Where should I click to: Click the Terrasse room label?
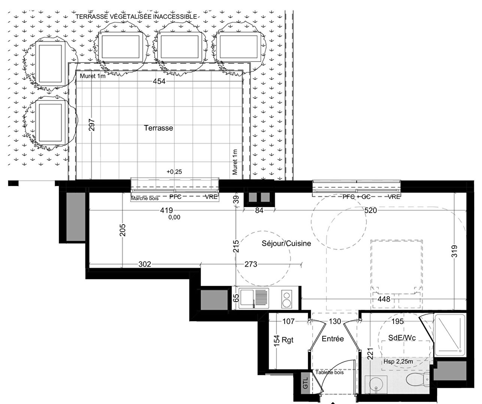pyautogui.click(x=158, y=128)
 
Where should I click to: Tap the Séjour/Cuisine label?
pyautogui.click(x=286, y=243)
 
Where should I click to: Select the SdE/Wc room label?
pyautogui.click(x=402, y=338)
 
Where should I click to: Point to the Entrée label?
pyautogui.click(x=333, y=339)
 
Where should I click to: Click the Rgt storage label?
pyautogui.click(x=288, y=340)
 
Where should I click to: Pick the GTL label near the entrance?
pyautogui.click(x=305, y=383)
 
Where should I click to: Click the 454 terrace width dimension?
pyautogui.click(x=159, y=81)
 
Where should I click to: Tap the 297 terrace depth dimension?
pyautogui.click(x=92, y=125)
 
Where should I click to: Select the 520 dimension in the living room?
pyautogui.click(x=370, y=210)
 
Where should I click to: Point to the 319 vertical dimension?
pyautogui.click(x=454, y=251)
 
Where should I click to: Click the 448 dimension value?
pyautogui.click(x=384, y=299)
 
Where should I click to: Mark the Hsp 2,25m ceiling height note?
pyautogui.click(x=398, y=362)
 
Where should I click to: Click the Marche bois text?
pyautogui.click(x=145, y=198)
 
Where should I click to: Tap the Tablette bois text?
pyautogui.click(x=330, y=373)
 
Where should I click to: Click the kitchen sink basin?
pyautogui.click(x=247, y=298)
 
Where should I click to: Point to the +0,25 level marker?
pyautogui.click(x=174, y=172)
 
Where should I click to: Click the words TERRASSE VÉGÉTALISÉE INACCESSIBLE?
pyautogui.click(x=136, y=16)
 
